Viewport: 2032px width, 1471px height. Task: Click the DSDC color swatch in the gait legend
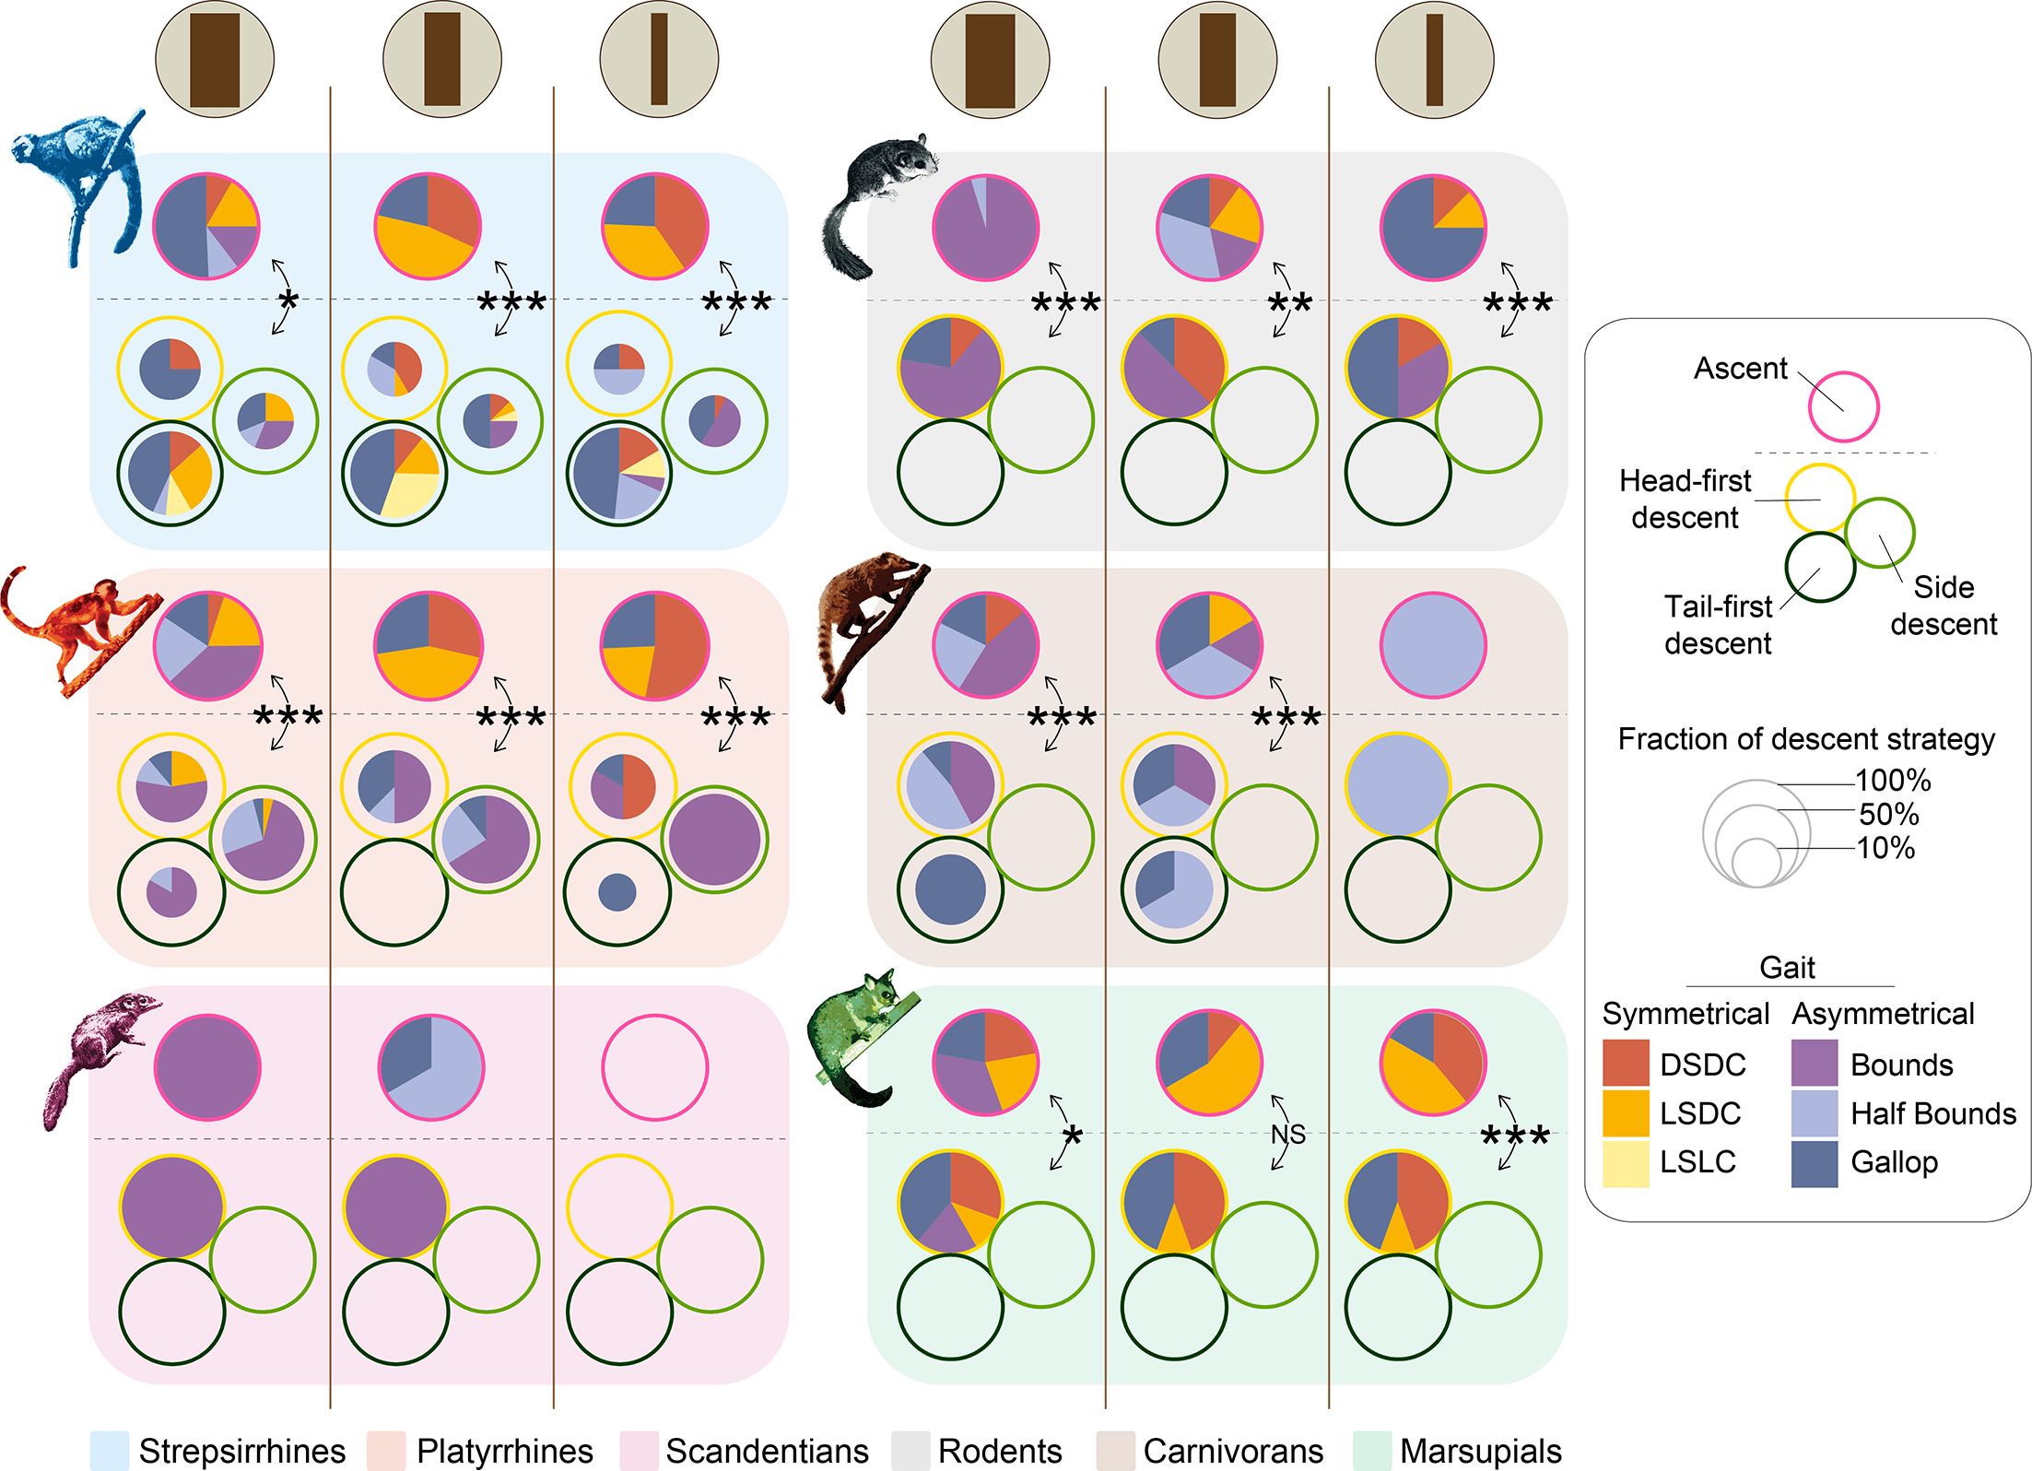point(1626,1064)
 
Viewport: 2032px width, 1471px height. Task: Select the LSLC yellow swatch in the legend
point(1626,1162)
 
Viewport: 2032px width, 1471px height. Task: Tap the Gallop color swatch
point(1815,1162)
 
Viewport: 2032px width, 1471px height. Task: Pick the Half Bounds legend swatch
point(1815,1113)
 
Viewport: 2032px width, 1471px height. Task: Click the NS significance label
point(1288,1135)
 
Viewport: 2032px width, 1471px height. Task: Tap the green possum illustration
point(852,1037)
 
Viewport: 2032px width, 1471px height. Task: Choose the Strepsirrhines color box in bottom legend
point(110,1451)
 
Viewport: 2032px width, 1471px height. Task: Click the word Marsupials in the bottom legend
point(1480,1451)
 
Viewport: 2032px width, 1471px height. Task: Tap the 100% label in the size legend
point(1892,782)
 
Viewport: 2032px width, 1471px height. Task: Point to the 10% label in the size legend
point(1885,848)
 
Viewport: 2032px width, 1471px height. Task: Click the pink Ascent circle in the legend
point(1842,406)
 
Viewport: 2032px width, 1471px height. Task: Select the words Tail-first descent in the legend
point(1718,624)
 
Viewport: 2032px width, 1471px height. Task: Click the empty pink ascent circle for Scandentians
point(655,1067)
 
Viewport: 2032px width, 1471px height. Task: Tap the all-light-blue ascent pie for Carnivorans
point(1433,645)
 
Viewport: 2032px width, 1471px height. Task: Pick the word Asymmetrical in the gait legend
point(1883,1014)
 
